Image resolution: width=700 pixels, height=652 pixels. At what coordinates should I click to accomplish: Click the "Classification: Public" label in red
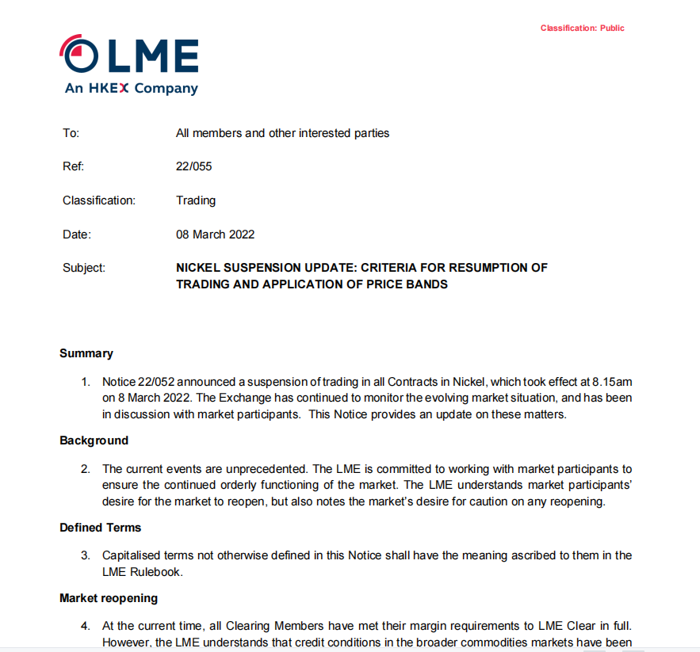(582, 29)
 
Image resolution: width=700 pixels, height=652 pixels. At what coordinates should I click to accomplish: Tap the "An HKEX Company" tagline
(131, 89)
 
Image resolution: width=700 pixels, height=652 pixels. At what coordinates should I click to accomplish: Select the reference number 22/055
(193, 167)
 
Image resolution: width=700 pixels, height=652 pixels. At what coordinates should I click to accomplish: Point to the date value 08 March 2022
(215, 234)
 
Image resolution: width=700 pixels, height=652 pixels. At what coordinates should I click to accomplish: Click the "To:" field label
(71, 133)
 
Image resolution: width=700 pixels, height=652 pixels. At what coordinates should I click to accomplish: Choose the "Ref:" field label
(73, 167)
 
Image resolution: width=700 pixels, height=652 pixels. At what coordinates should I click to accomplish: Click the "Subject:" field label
(83, 268)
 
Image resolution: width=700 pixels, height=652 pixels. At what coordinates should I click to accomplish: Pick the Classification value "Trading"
(195, 200)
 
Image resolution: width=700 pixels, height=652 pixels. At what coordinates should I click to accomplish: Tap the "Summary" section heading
(86, 353)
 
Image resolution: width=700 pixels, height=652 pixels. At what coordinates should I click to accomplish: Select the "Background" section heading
(94, 440)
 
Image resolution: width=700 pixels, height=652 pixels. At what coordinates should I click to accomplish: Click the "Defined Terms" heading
(100, 527)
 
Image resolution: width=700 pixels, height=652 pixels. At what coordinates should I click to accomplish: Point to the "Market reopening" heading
(108, 598)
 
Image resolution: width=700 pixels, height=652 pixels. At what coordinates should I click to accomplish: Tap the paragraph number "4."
(86, 627)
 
